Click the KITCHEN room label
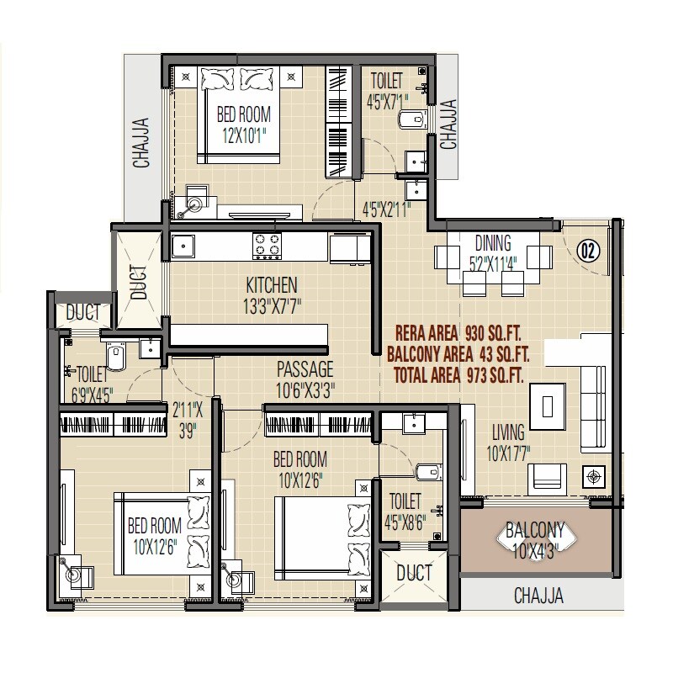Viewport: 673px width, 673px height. point(271,284)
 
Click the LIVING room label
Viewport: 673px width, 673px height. point(508,432)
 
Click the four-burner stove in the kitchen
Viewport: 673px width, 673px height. point(268,245)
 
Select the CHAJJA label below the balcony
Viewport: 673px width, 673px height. point(538,596)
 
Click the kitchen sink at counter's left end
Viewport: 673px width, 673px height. point(183,246)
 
